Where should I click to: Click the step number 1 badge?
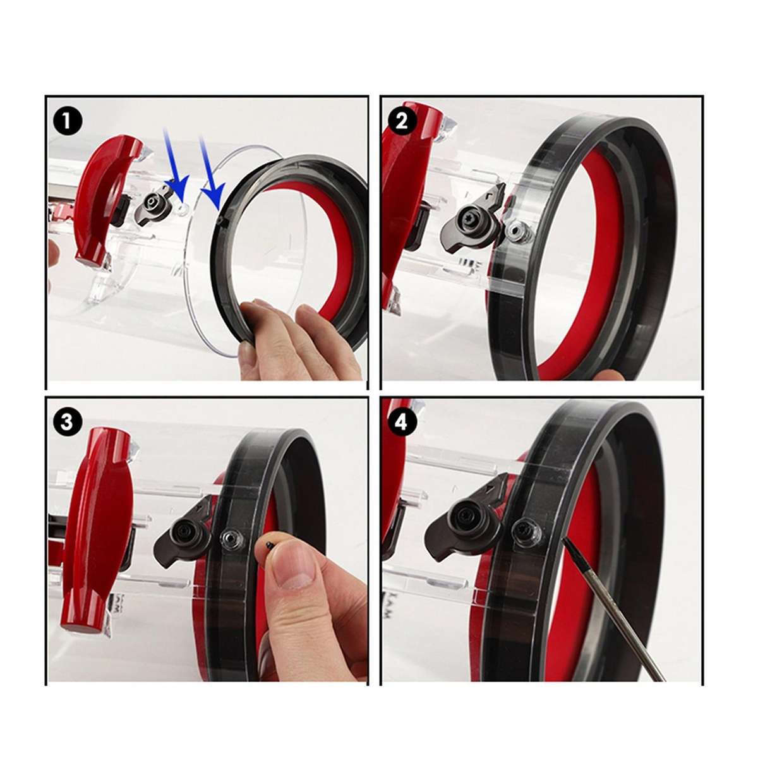click(x=67, y=122)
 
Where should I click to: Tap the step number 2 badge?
click(x=401, y=122)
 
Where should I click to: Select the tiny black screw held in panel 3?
click(x=270, y=544)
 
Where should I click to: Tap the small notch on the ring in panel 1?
click(x=221, y=222)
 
